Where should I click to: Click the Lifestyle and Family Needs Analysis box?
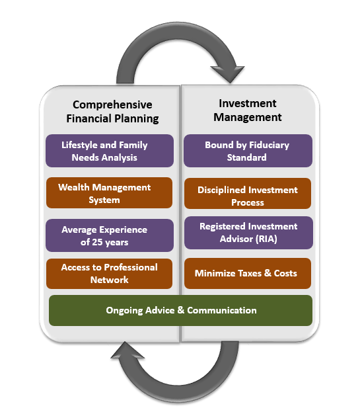[110, 151]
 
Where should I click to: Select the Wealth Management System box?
[110, 193]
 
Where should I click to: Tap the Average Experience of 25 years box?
[110, 235]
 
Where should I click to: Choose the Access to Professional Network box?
[110, 274]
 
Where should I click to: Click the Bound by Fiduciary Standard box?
[248, 151]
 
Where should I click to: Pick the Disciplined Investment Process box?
[248, 194]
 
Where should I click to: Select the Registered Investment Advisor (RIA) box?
[248, 233]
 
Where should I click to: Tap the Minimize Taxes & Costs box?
[248, 273]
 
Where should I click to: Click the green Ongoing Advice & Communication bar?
[180, 311]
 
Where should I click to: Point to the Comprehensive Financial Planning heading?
[112, 111]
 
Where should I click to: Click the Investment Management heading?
[248, 110]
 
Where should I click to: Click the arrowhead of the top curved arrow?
[229, 74]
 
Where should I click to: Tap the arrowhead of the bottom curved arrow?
[127, 350]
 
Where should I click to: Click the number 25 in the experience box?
[97, 242]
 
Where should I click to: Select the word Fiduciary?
[269, 145]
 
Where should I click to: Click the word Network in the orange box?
[110, 280]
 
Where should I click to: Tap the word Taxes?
[248, 273]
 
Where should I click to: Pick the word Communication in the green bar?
[222, 310]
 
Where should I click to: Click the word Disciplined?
[221, 190]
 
